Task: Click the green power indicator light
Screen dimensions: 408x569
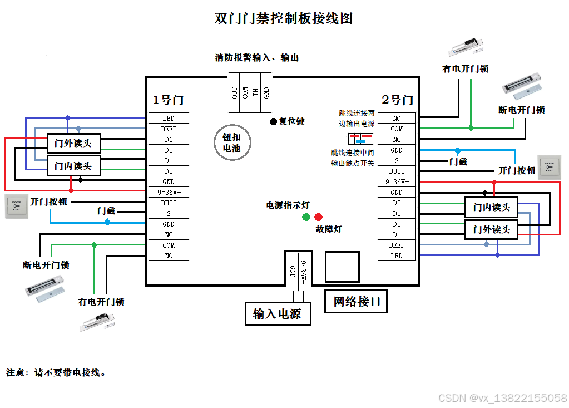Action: (x=306, y=217)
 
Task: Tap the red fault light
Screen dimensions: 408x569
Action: (x=318, y=217)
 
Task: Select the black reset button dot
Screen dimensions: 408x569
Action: (x=273, y=121)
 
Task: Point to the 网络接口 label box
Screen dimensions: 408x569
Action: (x=355, y=302)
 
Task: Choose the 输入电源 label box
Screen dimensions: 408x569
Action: (x=278, y=313)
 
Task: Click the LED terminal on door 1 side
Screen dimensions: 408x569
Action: (x=168, y=118)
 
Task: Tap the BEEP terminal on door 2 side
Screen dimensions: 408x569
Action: (x=397, y=245)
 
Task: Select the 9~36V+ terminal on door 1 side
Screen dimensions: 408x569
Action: (x=168, y=193)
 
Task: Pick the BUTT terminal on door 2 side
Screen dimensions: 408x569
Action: (x=397, y=171)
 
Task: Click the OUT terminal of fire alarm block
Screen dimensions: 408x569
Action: (x=235, y=92)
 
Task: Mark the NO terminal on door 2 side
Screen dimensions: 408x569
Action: (x=397, y=119)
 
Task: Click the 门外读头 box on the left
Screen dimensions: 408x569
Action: (x=73, y=143)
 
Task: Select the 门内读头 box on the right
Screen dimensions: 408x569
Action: (x=491, y=208)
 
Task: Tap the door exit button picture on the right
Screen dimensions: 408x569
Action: (x=550, y=167)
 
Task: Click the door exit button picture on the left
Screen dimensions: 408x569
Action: (x=16, y=207)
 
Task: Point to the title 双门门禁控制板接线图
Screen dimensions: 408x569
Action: (x=284, y=18)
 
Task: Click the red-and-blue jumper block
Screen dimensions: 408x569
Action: (x=360, y=139)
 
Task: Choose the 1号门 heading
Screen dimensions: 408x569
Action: (x=169, y=100)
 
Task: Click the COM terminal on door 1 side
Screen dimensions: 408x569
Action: (x=168, y=245)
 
